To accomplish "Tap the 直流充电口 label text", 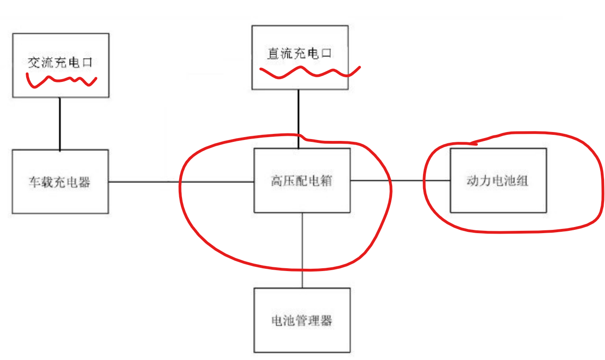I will [299, 53].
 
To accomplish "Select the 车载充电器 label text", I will [59, 182].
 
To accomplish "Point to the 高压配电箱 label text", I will [301, 181].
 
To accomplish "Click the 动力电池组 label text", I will [497, 181].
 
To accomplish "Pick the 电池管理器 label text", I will [302, 321].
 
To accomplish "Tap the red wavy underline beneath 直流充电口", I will [309, 72].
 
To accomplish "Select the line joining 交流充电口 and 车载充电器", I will [60, 124].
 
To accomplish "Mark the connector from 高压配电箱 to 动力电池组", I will [400, 181].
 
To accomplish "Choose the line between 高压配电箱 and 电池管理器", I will [302, 250].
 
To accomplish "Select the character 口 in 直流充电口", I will [326, 53].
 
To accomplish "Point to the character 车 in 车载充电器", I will [35, 182].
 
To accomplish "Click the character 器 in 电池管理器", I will [326, 321].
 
